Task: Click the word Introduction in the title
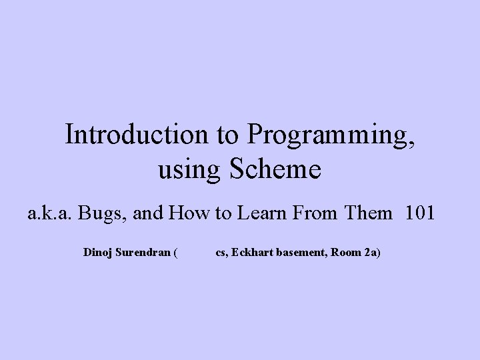pyautogui.click(x=137, y=135)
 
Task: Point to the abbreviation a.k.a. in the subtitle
pyautogui.click(x=51, y=214)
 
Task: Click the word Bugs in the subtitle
pyautogui.click(x=100, y=214)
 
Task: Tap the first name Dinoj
pyautogui.click(x=97, y=253)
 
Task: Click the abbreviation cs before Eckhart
pyautogui.click(x=221, y=254)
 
